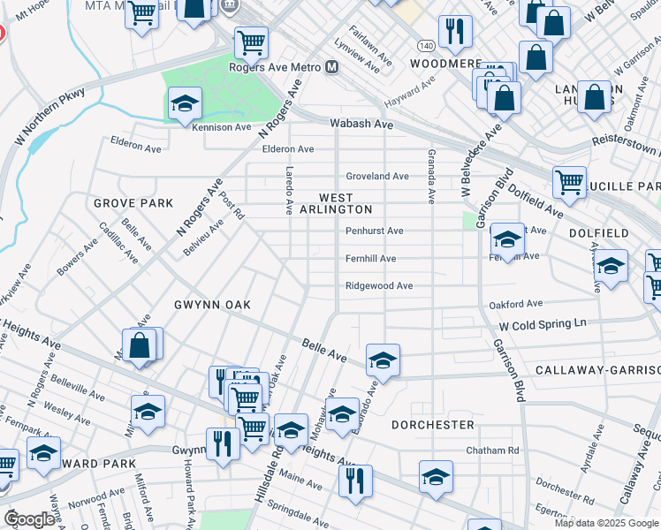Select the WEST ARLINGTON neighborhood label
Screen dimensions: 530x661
tap(336, 204)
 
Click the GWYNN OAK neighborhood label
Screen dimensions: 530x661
tap(212, 305)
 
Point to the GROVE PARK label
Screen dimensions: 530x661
tap(133, 203)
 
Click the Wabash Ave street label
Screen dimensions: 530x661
tap(361, 125)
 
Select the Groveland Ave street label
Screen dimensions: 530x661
tap(377, 176)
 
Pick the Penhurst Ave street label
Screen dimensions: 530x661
tap(374, 231)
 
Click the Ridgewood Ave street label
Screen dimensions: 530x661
tap(379, 286)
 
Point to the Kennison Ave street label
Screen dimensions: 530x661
tap(222, 127)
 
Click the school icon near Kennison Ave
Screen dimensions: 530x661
tap(186, 104)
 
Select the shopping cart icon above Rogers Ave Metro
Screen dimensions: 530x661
tap(251, 41)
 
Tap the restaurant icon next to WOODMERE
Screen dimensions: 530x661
tap(455, 31)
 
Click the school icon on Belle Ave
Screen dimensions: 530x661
tap(383, 360)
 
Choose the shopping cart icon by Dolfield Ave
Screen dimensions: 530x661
tap(569, 182)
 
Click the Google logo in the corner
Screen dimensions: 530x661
tap(30, 519)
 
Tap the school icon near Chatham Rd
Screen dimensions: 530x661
tap(436, 477)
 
